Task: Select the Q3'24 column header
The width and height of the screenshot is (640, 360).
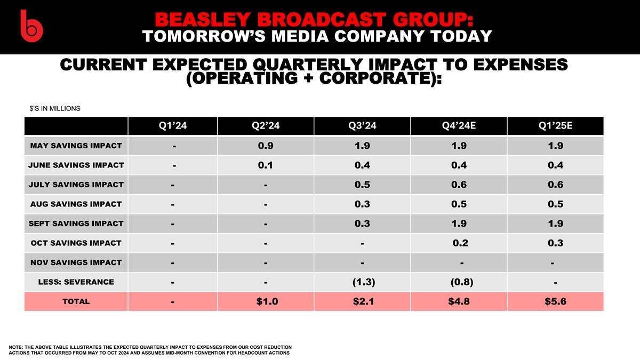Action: pos(362,126)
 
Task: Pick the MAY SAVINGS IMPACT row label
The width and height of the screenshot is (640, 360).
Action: pos(76,146)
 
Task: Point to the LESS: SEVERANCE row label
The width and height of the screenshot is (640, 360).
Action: pos(76,282)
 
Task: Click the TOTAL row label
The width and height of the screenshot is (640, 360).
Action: pos(76,301)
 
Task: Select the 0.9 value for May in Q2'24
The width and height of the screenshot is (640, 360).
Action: pos(265,146)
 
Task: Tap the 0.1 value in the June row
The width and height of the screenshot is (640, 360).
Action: pos(265,165)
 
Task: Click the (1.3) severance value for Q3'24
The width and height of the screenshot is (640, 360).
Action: pos(362,282)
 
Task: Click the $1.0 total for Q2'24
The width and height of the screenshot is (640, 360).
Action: pos(265,302)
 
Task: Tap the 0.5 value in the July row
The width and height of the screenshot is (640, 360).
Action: pos(362,185)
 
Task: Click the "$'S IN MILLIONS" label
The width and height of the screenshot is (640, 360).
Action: pos(55,109)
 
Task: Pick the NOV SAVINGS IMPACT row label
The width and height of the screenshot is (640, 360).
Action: pos(76,262)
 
